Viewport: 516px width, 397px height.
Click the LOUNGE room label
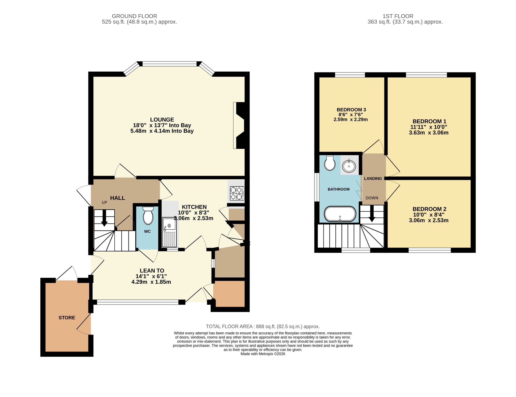click(162, 120)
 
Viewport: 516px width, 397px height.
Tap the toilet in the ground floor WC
click(148, 215)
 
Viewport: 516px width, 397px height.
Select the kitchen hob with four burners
click(237, 193)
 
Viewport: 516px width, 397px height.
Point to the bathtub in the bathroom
click(340, 214)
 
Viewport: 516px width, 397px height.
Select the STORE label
click(67, 318)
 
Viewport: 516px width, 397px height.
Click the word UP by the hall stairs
click(104, 202)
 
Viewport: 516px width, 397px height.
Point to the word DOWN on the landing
click(372, 198)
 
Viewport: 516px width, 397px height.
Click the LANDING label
click(373, 179)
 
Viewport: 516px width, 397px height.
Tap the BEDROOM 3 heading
click(351, 110)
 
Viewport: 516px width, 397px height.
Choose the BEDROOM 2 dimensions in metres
click(429, 220)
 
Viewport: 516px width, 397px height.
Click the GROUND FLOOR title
click(134, 16)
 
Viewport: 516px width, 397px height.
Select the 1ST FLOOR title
click(398, 16)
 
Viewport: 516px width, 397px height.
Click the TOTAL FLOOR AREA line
click(263, 326)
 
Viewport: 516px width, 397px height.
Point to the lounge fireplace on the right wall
click(239, 125)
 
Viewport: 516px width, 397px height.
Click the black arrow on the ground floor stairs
click(104, 218)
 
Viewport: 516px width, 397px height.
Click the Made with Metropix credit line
click(263, 354)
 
